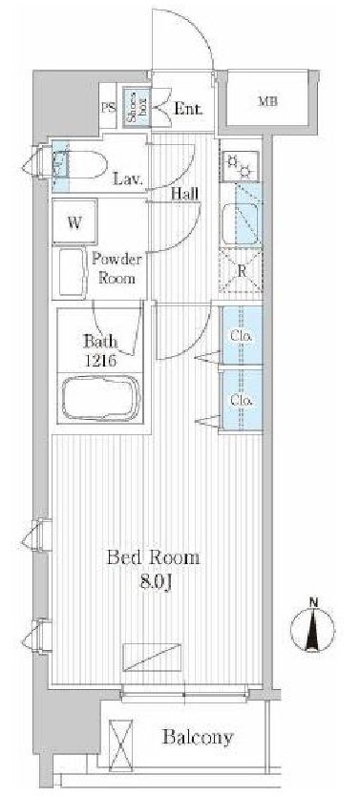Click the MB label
click(x=268, y=101)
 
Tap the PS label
click(x=108, y=108)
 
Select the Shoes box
click(x=135, y=108)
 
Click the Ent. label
click(x=189, y=109)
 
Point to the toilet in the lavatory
click(x=81, y=164)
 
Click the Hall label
click(x=184, y=194)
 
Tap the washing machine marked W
click(x=74, y=221)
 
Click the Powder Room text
click(x=116, y=268)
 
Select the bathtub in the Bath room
click(x=101, y=397)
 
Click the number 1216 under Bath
click(x=100, y=361)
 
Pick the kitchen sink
click(x=241, y=224)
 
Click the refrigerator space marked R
click(x=241, y=271)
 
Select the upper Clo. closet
click(x=243, y=335)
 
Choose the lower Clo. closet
click(x=243, y=400)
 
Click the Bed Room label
click(x=153, y=558)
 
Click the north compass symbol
click(x=313, y=628)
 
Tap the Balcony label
click(x=198, y=737)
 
